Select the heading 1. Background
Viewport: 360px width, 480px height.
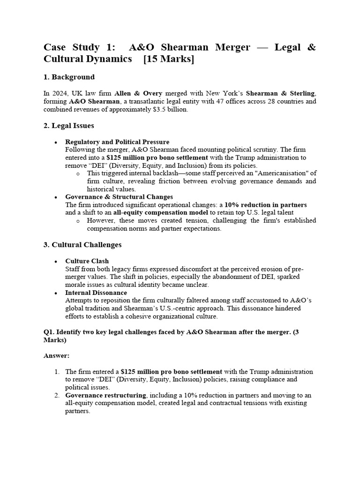point(69,77)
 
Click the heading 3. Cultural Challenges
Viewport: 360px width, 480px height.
point(82,245)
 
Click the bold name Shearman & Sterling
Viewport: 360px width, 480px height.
point(281,93)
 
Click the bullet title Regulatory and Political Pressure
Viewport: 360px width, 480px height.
point(117,142)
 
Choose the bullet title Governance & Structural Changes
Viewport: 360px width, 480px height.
point(119,197)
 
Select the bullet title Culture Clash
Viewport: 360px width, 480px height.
point(87,261)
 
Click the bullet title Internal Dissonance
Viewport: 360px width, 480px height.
point(96,293)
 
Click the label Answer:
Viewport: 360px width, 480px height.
point(56,356)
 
